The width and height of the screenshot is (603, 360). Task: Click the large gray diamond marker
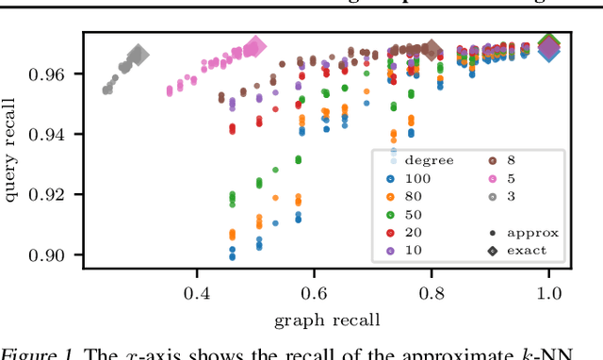pyautogui.click(x=138, y=56)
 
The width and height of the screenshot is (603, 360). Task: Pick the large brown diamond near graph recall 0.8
pyautogui.click(x=432, y=49)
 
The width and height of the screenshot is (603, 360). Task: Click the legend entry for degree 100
pyautogui.click(x=409, y=177)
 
